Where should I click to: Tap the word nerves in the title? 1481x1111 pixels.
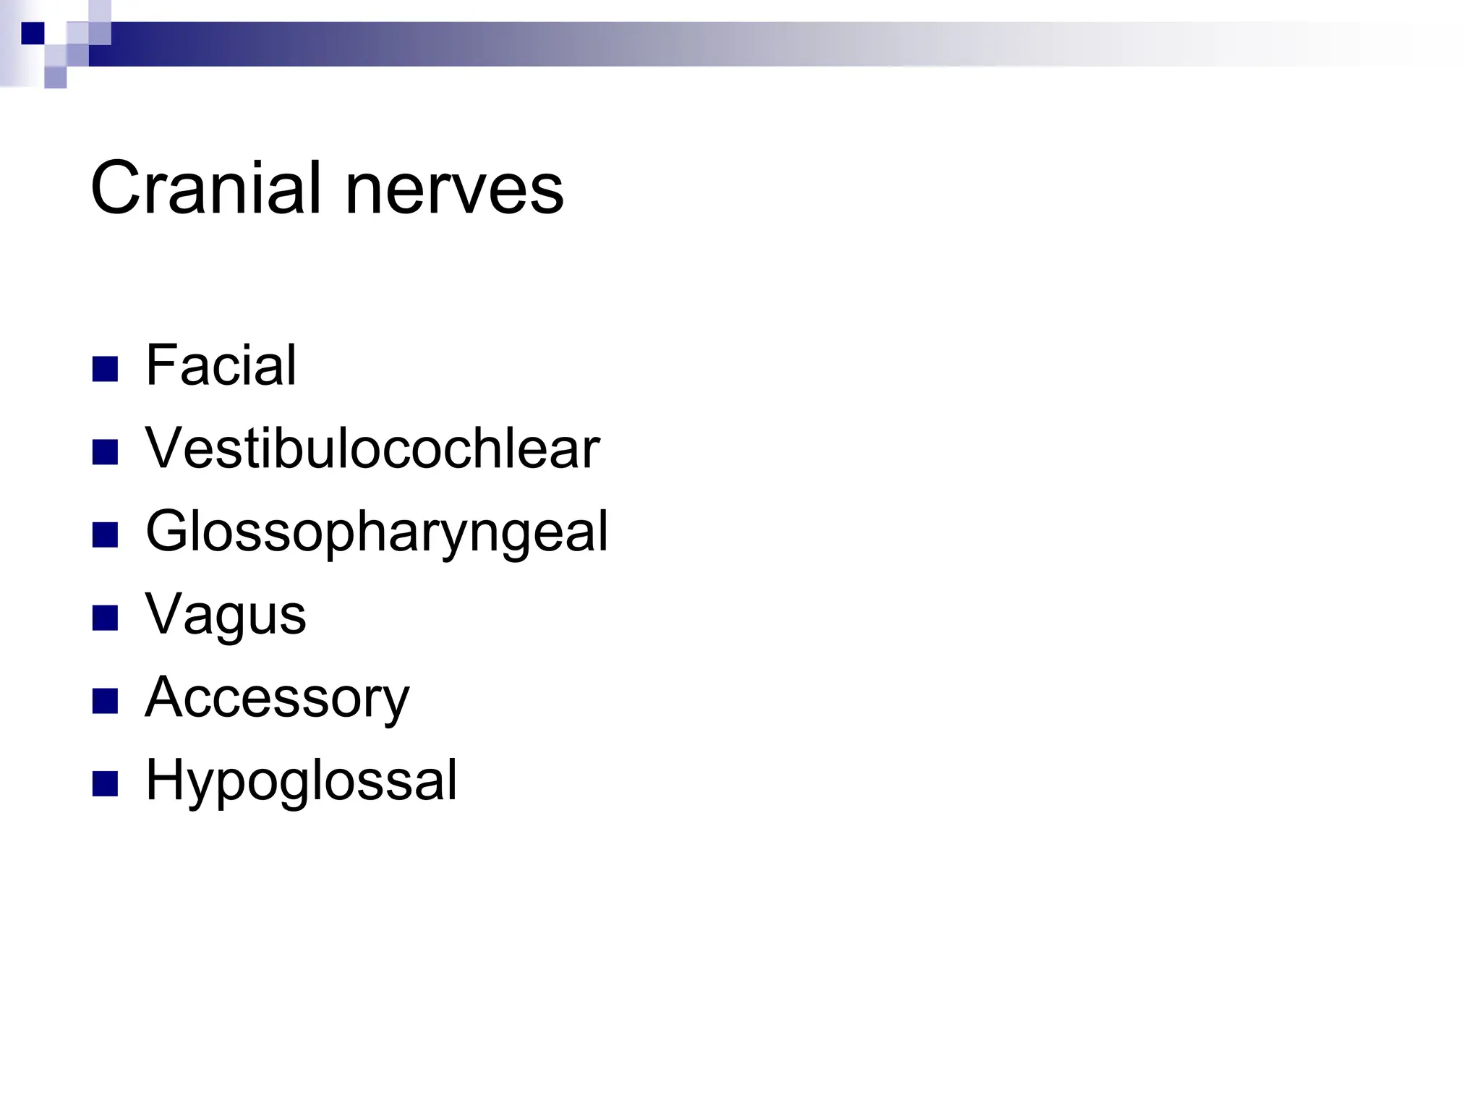454,190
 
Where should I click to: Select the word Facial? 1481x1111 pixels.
221,365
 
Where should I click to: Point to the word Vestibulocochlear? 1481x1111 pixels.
372,448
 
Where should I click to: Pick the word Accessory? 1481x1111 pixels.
277,699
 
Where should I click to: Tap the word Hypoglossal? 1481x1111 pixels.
301,782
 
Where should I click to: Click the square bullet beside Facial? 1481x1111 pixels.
105,369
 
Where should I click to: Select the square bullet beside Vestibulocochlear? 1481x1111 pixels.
105,452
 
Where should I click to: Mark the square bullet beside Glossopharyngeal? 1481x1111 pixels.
105,535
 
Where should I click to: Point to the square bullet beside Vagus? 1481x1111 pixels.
105,618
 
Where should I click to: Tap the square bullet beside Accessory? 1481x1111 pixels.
105,701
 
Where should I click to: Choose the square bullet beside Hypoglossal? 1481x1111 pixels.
105,784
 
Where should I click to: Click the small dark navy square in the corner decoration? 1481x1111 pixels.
33,33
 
